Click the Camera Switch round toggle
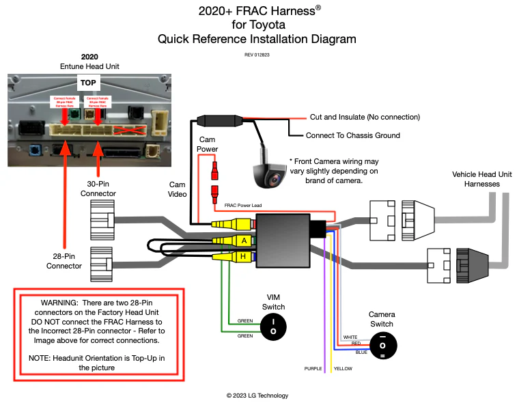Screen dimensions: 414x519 382,346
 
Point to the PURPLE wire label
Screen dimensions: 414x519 313,368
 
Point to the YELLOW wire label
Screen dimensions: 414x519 343,368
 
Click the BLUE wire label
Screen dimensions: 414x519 361,352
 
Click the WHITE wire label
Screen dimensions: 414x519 350,337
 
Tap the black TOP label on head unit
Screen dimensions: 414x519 88,83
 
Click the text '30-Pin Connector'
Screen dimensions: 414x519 98,189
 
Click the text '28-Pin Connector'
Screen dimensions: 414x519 64,262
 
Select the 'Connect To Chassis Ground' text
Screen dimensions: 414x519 352,135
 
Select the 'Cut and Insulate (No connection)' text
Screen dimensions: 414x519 365,117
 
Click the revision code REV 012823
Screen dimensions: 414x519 257,54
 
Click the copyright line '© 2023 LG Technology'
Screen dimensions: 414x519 257,396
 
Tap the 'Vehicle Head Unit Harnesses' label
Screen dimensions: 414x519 481,179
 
